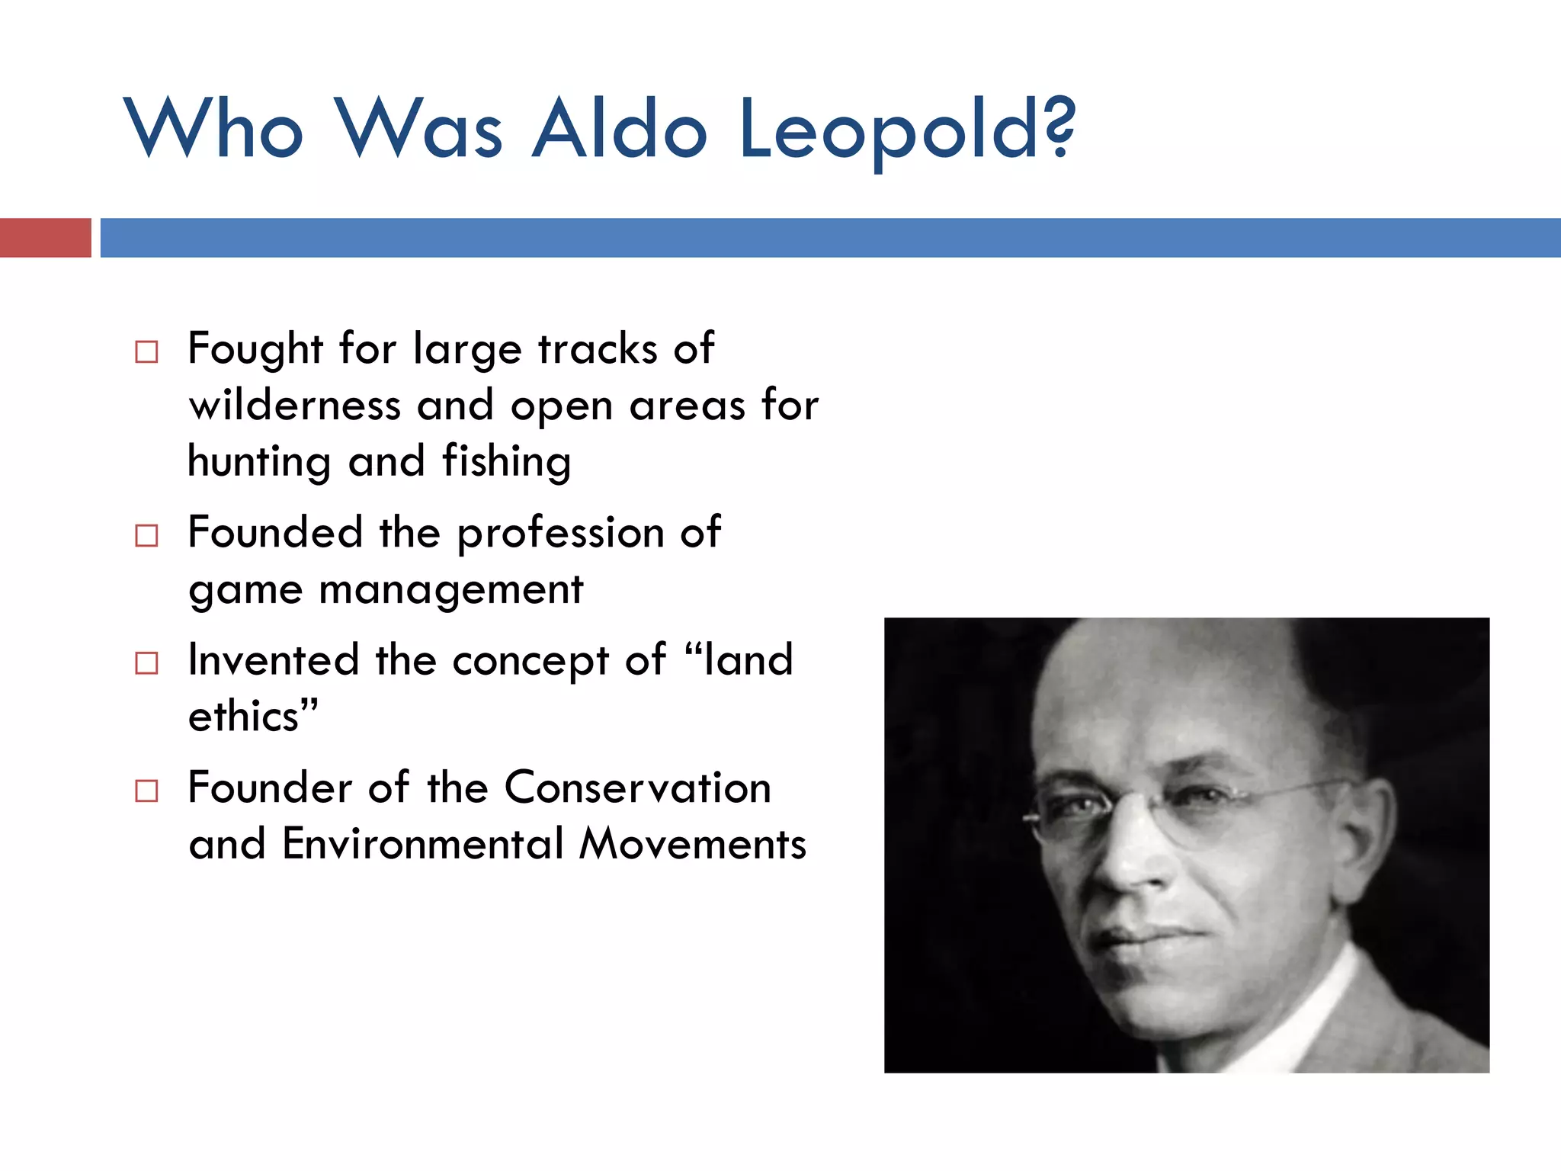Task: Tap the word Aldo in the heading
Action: (x=619, y=130)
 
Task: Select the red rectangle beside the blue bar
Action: (x=45, y=238)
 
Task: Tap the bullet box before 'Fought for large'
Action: (x=146, y=352)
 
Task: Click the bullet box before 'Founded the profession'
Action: (x=146, y=536)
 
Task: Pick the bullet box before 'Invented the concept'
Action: (x=146, y=663)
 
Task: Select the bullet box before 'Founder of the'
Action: (x=146, y=791)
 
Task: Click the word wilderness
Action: (x=294, y=406)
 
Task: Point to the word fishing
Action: (x=506, y=463)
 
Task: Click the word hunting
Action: (x=259, y=463)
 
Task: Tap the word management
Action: (x=450, y=591)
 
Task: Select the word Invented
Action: (x=273, y=660)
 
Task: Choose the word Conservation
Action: (x=637, y=788)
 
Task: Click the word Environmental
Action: (x=423, y=845)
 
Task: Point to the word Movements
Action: (x=692, y=845)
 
